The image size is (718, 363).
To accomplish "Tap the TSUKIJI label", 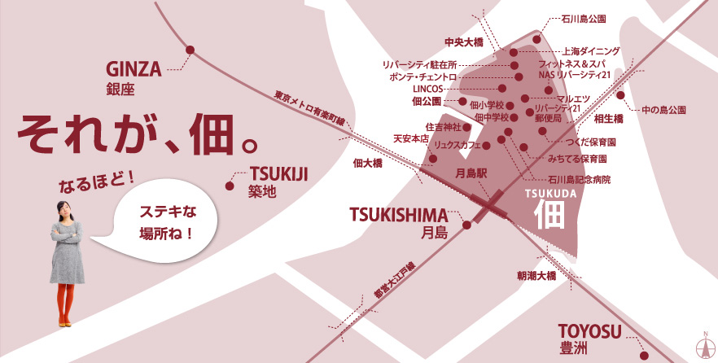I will [279, 174].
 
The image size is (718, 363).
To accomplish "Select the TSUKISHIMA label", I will [399, 215].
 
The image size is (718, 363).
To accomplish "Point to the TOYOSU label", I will [589, 331].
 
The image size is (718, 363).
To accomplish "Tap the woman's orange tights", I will [65, 303].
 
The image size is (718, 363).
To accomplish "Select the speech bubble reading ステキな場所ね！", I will [166, 223].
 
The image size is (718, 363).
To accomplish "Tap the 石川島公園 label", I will [584, 16].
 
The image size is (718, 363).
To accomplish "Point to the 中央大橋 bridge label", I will [463, 42].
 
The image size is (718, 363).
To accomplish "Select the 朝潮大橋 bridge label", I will [536, 276].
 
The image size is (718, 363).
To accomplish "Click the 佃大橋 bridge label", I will [368, 163].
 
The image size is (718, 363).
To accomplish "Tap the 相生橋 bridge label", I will [608, 119].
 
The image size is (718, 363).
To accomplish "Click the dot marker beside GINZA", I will [190, 50].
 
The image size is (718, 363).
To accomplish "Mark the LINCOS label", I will [429, 89].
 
